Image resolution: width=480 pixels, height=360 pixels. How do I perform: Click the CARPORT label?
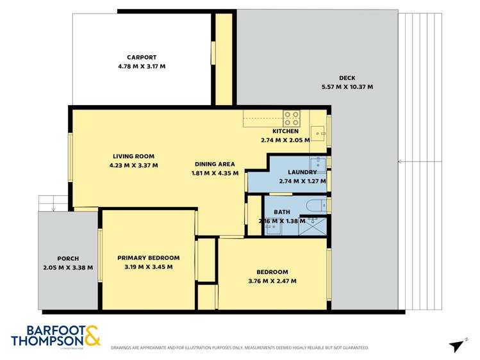(142, 57)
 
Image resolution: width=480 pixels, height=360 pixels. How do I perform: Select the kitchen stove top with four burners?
(292, 118)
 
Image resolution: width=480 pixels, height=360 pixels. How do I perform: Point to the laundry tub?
(318, 163)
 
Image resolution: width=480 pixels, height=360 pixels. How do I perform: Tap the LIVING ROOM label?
(133, 156)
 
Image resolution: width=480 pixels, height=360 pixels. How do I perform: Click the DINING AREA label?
(215, 164)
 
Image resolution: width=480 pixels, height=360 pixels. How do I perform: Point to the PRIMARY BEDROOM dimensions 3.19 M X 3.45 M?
(148, 267)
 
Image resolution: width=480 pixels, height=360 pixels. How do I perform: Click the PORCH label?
(68, 259)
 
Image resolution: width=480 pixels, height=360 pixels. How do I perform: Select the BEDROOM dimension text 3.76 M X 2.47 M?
(272, 281)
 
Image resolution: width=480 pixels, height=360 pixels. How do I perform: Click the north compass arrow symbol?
(457, 345)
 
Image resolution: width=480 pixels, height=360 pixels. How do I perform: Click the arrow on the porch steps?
(53, 208)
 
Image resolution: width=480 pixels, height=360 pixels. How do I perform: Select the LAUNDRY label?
(302, 172)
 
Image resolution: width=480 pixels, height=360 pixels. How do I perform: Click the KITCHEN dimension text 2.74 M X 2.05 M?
(285, 140)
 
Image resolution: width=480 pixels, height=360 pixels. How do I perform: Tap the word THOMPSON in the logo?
(46, 341)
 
